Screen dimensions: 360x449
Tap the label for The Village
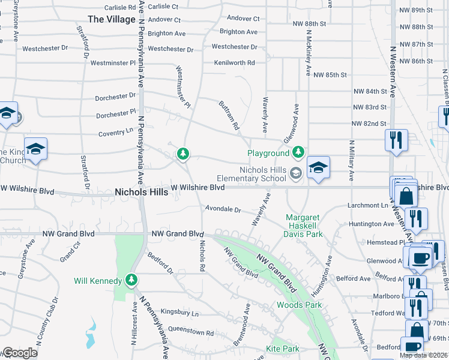click(112, 19)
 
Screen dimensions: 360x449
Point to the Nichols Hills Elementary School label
click(264, 174)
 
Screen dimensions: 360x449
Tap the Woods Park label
click(299, 305)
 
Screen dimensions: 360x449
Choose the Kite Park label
click(282, 349)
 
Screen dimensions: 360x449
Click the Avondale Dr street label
click(223, 210)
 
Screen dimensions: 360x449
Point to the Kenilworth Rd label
click(235, 62)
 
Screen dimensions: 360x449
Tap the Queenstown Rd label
click(191, 333)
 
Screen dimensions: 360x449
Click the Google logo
click(20, 353)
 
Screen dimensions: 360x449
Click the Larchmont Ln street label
click(368, 205)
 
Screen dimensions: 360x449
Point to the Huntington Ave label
click(372, 224)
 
